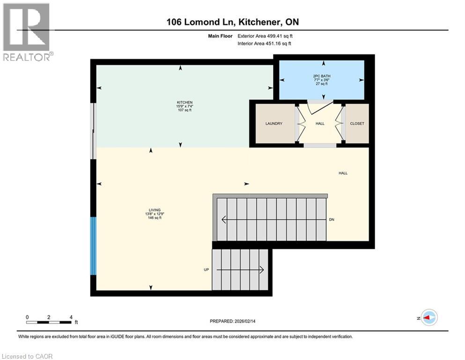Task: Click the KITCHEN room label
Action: tap(185, 102)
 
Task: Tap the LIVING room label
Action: tap(154, 210)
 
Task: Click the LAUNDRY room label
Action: tap(274, 124)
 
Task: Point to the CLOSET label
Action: tap(357, 124)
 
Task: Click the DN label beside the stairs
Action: tap(332, 219)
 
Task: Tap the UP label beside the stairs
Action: tap(206, 270)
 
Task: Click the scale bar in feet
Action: tap(49, 322)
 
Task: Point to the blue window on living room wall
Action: tap(94, 246)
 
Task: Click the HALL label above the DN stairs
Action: tap(343, 173)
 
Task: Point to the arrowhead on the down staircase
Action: tap(224, 219)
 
